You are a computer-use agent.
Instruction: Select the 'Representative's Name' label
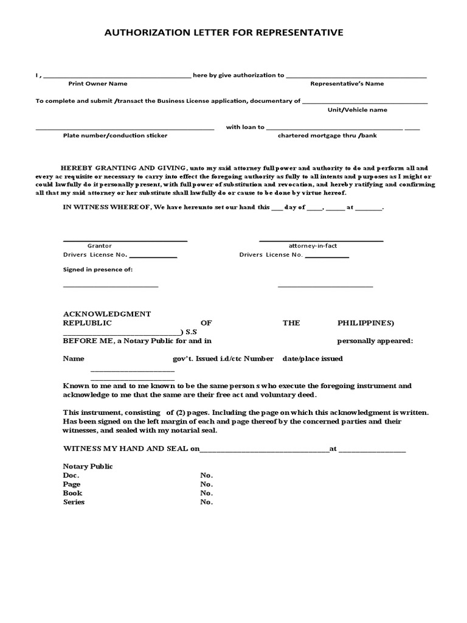[347, 83]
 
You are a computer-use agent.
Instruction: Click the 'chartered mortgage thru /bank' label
[327, 135]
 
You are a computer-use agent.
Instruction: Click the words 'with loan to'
[245, 127]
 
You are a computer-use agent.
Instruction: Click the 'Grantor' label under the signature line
[99, 245]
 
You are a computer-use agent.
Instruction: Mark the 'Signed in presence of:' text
[97, 269]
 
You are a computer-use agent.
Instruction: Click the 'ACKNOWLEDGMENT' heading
[106, 313]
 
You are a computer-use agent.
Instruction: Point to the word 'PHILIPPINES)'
[365, 322]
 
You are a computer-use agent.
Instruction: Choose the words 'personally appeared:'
[375, 341]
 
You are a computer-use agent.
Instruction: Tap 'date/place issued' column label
[312, 358]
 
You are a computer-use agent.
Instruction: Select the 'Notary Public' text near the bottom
[88, 466]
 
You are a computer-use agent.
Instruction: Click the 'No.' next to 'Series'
[206, 502]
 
